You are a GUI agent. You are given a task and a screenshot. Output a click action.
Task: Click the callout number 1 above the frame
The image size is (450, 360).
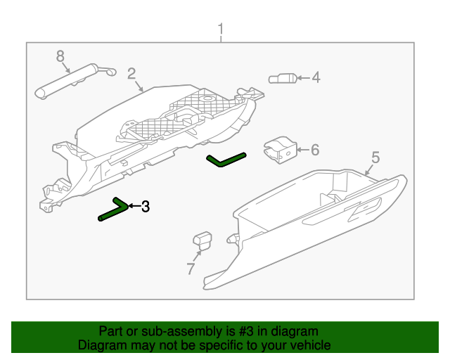(x=220, y=30)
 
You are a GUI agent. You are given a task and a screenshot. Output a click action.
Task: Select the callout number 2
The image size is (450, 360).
(x=131, y=74)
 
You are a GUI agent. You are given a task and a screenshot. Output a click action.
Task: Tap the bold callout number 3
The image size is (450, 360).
(x=146, y=207)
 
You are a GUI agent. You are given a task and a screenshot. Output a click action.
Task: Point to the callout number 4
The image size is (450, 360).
(x=316, y=77)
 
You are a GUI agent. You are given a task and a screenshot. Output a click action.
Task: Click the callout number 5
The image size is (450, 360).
(x=375, y=157)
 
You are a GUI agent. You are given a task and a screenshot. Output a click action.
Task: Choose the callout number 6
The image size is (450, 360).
(x=315, y=150)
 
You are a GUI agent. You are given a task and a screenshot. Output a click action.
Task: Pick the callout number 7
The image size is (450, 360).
(x=191, y=269)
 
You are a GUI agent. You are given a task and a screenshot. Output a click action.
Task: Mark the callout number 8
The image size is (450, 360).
(x=60, y=56)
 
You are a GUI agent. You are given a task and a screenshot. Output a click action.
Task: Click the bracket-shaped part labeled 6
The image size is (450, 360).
(x=281, y=150)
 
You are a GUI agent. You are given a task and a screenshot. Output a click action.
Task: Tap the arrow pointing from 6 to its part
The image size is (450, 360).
(x=303, y=150)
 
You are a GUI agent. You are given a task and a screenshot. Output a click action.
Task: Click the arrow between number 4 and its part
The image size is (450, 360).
(x=304, y=78)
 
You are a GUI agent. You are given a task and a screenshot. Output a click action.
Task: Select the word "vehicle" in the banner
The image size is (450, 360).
(x=312, y=345)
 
